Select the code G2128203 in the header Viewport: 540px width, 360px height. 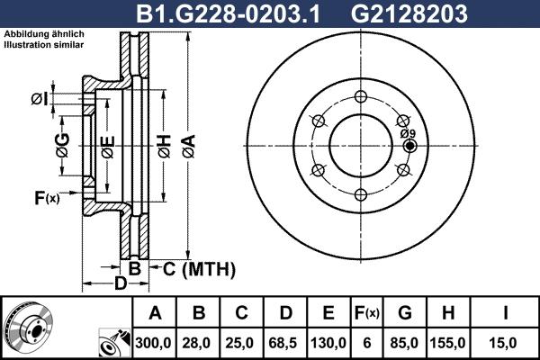[421, 13]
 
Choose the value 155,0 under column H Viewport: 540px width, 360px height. [447, 342]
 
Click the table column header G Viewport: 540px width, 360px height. [404, 314]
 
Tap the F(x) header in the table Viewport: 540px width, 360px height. [367, 314]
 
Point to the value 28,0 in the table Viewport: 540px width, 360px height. [199, 342]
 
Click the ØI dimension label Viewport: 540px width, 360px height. [39, 99]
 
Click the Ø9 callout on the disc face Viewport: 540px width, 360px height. [407, 132]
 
